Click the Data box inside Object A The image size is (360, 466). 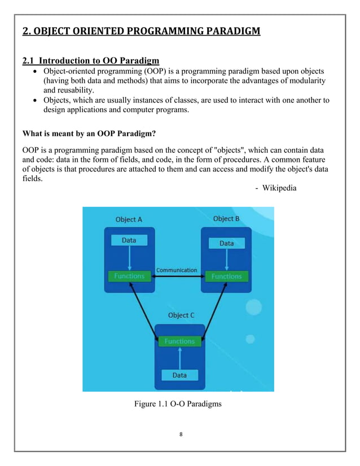click(129, 240)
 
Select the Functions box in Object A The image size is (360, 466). click(129, 276)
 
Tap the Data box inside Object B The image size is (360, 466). click(226, 243)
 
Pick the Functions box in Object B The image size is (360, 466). click(226, 276)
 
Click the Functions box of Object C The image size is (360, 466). click(179, 341)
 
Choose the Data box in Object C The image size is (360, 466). click(179, 375)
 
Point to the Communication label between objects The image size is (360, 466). click(177, 270)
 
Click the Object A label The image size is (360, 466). click(129, 219)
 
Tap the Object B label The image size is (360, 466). click(226, 219)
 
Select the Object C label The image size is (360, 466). click(181, 315)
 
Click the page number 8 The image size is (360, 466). click(180, 434)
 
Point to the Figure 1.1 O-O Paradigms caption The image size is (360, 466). click(178, 404)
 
